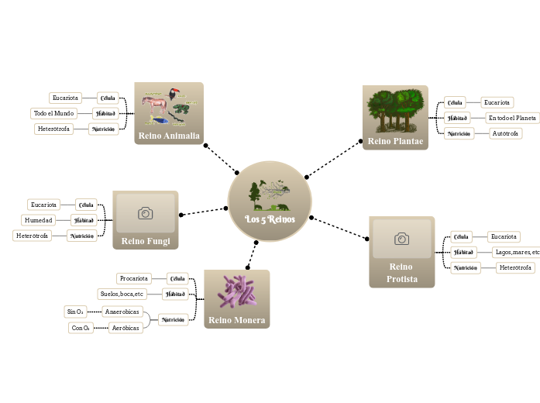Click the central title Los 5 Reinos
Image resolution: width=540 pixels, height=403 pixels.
[x=270, y=219]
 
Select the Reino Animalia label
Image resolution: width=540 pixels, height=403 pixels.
[x=168, y=136]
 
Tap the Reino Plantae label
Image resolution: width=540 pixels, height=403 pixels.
[x=395, y=141]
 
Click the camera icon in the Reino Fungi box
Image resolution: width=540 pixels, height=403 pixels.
[x=145, y=212]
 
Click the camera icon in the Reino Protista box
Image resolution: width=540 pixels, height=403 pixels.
[x=401, y=239]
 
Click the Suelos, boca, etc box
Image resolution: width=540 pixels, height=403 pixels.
[x=122, y=294]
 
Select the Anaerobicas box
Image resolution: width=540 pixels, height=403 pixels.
[x=122, y=312]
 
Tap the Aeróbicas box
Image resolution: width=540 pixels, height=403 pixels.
[x=125, y=328]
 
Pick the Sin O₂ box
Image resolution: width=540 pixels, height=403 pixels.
[x=75, y=312]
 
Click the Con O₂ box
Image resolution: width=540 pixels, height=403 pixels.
[x=80, y=328]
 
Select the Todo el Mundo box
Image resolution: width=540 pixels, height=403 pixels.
[x=54, y=113]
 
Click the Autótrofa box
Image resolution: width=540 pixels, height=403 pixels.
[x=506, y=133]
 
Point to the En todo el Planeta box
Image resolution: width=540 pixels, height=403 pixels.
[x=512, y=118]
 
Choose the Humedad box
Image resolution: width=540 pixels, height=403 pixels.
[x=39, y=220]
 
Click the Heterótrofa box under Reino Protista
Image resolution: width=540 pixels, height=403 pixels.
[x=515, y=267]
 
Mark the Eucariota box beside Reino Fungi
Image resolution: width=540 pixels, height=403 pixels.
[x=43, y=205]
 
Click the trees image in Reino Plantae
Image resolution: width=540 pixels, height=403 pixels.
[x=395, y=110]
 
